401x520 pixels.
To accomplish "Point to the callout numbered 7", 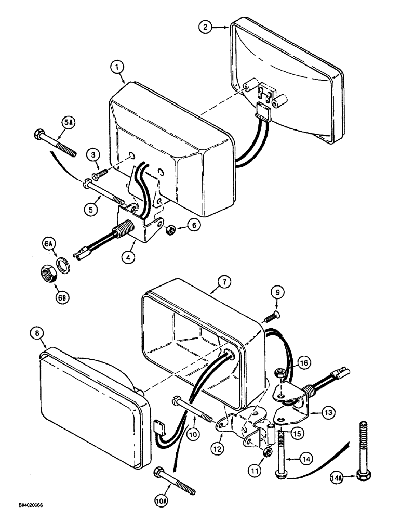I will (x=223, y=282).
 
